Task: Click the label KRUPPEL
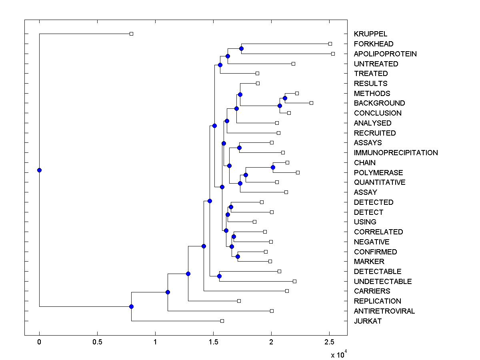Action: click(x=370, y=34)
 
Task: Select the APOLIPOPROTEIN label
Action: click(x=385, y=54)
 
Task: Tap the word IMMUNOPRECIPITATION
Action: click(x=396, y=152)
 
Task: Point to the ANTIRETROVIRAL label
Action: click(x=384, y=311)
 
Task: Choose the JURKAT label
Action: click(x=368, y=321)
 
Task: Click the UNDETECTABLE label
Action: click(x=382, y=281)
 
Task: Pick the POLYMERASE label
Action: click(x=378, y=172)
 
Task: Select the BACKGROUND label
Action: click(x=379, y=103)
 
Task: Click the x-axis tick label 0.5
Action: click(x=97, y=343)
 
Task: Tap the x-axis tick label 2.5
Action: click(x=329, y=343)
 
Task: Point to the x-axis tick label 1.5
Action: click(x=213, y=343)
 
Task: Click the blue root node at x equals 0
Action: click(x=39, y=170)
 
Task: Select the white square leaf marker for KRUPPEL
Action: click(x=131, y=34)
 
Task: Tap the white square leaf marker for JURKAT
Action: click(x=222, y=321)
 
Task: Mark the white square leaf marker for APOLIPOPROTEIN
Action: click(x=333, y=54)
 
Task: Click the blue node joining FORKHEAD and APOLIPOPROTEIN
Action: click(x=241, y=48)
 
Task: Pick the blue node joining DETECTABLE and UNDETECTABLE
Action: click(x=219, y=276)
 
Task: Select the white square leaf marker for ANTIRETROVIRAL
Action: click(x=272, y=311)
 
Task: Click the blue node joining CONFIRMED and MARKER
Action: click(x=238, y=256)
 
